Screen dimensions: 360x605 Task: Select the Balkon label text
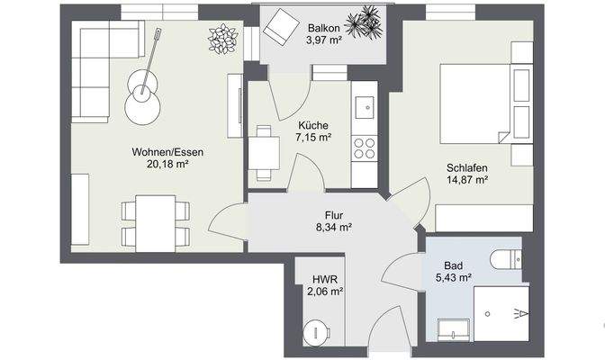point(322,27)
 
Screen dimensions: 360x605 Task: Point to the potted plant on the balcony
point(365,22)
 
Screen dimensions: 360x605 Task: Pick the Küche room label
point(313,126)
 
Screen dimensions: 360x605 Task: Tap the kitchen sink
point(365,109)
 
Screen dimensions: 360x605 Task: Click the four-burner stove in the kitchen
point(365,148)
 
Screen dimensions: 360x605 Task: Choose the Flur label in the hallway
point(333,216)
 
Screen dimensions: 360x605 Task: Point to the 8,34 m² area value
point(333,229)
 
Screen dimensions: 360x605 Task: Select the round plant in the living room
point(222,40)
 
